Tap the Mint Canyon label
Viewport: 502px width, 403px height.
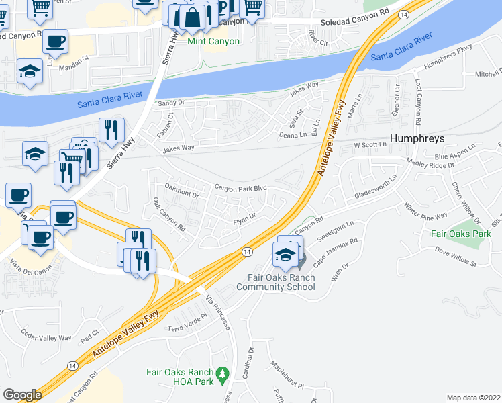[x=213, y=42]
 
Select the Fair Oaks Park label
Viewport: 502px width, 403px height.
[x=461, y=234]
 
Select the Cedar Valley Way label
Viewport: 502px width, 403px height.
[x=46, y=338]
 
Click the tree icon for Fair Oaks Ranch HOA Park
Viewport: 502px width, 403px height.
[x=223, y=373]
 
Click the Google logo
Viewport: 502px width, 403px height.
[x=22, y=395]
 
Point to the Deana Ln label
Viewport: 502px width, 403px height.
[x=293, y=135]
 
